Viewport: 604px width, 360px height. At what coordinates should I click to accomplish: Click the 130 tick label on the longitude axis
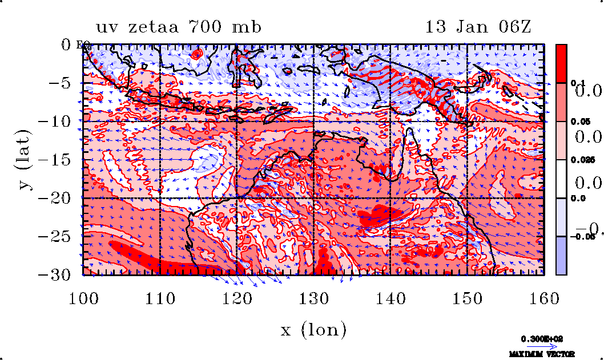click(313, 298)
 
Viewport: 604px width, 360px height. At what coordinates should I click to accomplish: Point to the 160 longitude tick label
click(543, 298)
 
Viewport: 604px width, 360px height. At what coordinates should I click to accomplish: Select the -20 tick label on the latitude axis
click(57, 198)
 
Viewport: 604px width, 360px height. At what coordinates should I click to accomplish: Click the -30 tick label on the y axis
click(57, 274)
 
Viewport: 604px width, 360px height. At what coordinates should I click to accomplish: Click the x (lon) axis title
click(313, 330)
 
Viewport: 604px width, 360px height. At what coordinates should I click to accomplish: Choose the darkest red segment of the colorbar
click(562, 63)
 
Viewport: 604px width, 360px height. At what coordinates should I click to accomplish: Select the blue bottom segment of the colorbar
click(562, 256)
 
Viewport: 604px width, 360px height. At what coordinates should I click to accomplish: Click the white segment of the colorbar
click(562, 179)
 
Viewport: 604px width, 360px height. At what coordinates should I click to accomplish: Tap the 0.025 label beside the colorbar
click(579, 160)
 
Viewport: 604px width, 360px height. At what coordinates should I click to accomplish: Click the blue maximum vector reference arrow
click(542, 346)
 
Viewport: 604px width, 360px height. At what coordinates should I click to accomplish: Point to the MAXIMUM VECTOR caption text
click(542, 354)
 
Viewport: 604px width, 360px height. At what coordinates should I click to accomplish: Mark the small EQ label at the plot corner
click(80, 45)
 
